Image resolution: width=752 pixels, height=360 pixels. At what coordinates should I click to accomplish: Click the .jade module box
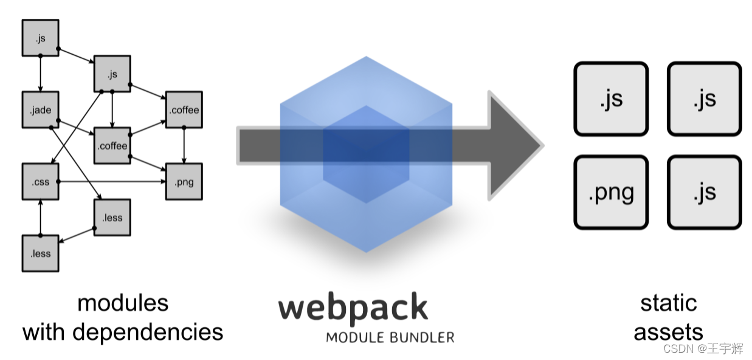(x=40, y=110)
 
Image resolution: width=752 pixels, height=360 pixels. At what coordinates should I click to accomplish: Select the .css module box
(x=40, y=181)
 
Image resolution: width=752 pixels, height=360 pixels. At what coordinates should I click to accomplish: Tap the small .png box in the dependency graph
(x=184, y=181)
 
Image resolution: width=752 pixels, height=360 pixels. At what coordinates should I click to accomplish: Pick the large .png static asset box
(x=611, y=192)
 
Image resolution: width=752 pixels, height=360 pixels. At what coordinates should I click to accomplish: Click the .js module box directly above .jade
(x=40, y=38)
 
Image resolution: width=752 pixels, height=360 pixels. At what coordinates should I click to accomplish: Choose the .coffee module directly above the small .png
(x=184, y=110)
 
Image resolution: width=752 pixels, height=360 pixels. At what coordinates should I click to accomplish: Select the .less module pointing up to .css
(x=40, y=253)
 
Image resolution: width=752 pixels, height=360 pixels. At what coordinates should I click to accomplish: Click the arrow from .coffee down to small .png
(x=184, y=146)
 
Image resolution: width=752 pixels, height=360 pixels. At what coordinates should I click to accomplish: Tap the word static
(x=668, y=302)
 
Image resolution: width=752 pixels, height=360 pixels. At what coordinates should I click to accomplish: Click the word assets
(x=668, y=332)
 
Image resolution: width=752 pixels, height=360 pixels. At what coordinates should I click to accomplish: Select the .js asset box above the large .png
(x=611, y=99)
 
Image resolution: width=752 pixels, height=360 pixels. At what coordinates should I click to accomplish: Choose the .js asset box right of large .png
(x=704, y=192)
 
